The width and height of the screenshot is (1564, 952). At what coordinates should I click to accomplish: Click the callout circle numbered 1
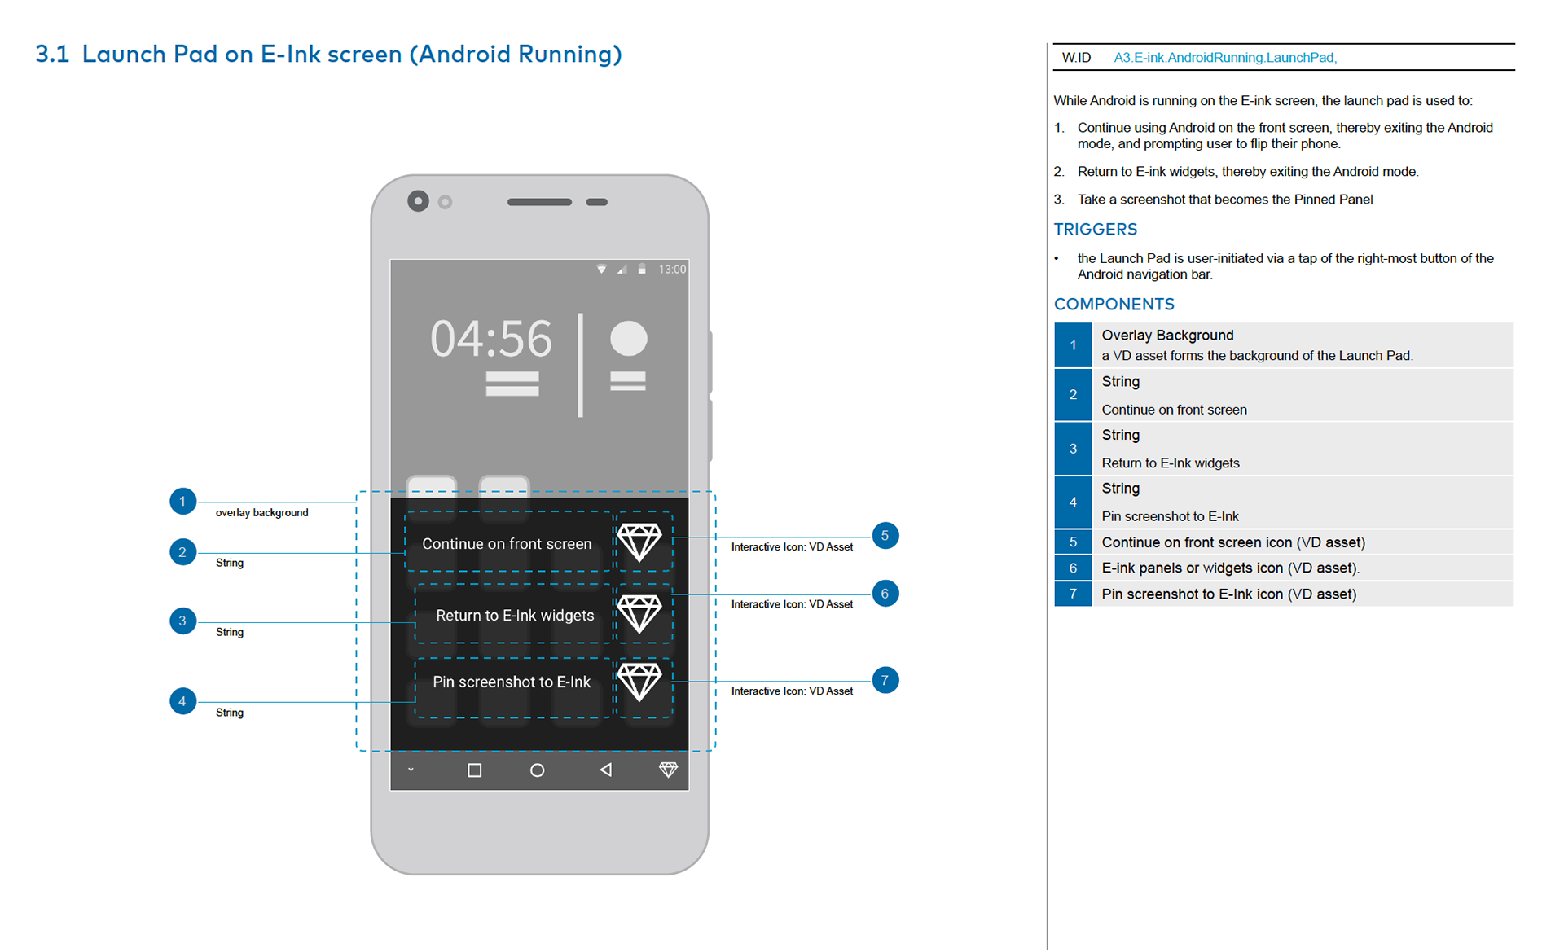[x=182, y=501]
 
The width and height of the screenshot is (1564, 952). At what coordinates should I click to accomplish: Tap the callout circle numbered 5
[x=885, y=536]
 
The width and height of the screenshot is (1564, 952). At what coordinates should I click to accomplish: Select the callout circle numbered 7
[x=885, y=680]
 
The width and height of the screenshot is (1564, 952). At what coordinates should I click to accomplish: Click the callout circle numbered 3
[x=182, y=621]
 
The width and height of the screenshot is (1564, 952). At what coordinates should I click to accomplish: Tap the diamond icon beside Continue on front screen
[x=639, y=542]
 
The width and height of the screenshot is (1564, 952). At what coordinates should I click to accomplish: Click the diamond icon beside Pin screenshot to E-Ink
[x=639, y=682]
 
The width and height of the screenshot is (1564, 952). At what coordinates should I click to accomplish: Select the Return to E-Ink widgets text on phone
[x=515, y=616]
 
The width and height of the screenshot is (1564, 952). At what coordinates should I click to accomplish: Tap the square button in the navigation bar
[x=474, y=770]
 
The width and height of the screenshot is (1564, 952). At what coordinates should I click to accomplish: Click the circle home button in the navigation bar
[x=537, y=770]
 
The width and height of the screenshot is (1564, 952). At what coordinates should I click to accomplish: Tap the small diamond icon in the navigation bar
[x=668, y=769]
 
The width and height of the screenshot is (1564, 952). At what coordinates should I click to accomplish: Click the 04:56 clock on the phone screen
[x=491, y=339]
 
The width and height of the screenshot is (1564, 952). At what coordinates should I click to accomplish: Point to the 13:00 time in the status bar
[x=672, y=269]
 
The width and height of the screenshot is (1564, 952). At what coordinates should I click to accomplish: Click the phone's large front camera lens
[x=418, y=201]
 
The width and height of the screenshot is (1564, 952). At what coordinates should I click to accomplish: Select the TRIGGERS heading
[x=1095, y=230]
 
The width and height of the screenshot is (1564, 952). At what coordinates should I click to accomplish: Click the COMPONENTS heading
[x=1114, y=305]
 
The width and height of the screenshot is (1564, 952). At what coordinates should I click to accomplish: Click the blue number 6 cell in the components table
[x=1073, y=568]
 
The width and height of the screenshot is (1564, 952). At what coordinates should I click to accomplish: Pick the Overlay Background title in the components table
[x=1167, y=336]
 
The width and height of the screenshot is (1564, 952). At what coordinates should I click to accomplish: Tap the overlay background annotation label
[x=261, y=512]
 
